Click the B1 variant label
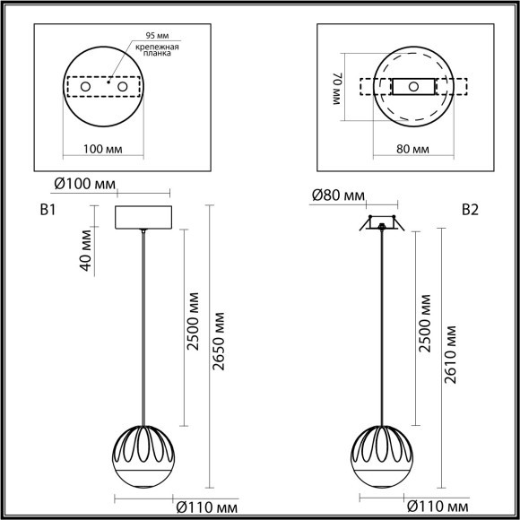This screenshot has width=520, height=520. tap(48, 212)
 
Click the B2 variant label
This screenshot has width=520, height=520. tap(470, 211)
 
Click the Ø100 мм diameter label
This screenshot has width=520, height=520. tap(84, 185)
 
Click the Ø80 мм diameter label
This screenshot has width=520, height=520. tap(337, 196)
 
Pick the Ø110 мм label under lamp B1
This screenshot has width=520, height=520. tap(207, 506)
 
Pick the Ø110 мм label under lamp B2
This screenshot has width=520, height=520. tap(439, 506)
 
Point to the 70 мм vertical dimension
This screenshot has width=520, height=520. tap(337, 91)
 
